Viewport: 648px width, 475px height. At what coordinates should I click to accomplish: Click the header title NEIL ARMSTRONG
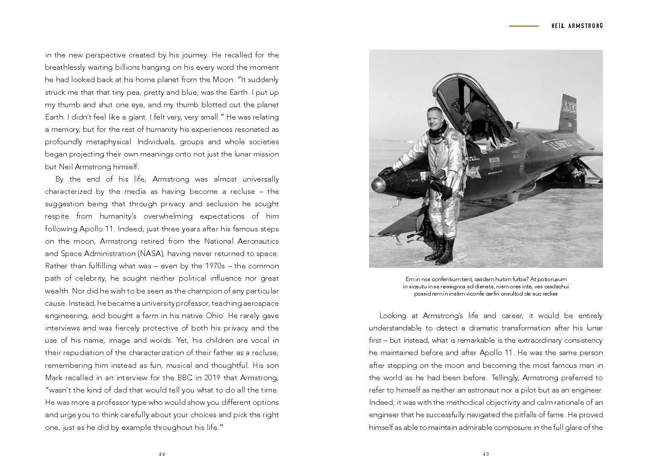[x=577, y=26]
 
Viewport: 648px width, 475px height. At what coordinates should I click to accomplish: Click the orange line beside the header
[x=523, y=26]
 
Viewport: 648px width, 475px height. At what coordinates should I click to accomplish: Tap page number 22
[x=162, y=454]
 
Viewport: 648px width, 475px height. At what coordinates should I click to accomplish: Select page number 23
[x=486, y=454]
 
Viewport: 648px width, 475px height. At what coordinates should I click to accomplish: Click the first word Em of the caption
[x=409, y=279]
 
